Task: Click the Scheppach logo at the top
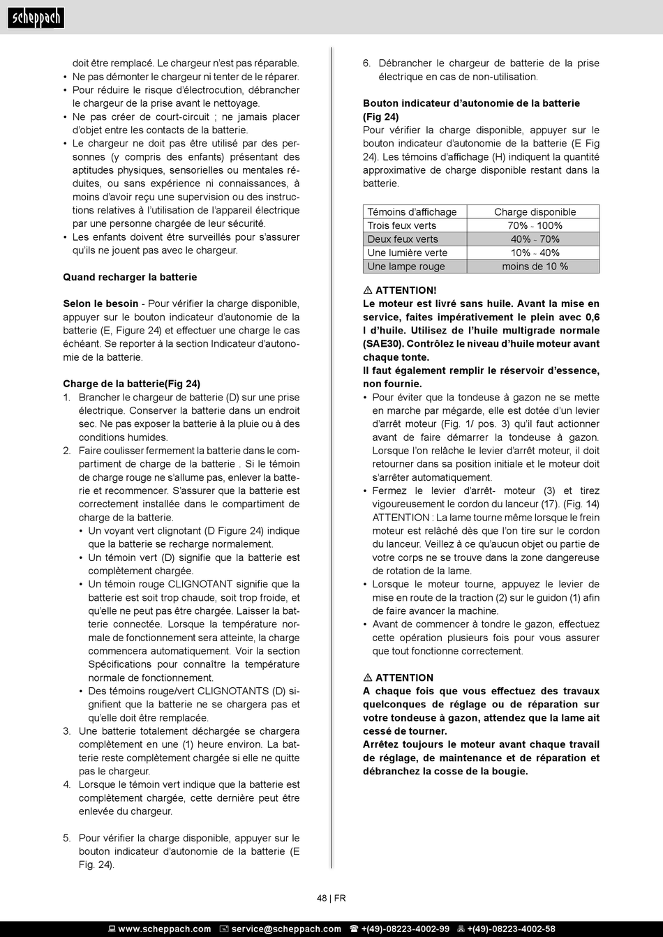tap(36, 17)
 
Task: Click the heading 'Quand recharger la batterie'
tap(130, 277)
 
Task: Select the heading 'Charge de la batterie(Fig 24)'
tap(131, 384)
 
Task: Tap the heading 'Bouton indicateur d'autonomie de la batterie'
tap(471, 103)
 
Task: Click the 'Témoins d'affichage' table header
tap(412, 212)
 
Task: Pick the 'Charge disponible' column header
tap(535, 212)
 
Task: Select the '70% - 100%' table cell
tap(535, 225)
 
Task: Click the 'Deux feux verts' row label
tap(403, 239)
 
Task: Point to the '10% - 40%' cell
tap(535, 253)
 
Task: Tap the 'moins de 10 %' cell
tap(535, 267)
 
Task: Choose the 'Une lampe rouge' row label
tap(405, 267)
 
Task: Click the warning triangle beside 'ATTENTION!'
tap(368, 290)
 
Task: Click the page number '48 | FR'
tap(331, 899)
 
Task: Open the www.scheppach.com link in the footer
tap(164, 929)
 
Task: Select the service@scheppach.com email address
tap(286, 929)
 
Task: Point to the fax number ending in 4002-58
tap(511, 929)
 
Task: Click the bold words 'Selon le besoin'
tap(100, 304)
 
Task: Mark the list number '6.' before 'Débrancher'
tap(367, 63)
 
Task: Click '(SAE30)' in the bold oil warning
tap(383, 344)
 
